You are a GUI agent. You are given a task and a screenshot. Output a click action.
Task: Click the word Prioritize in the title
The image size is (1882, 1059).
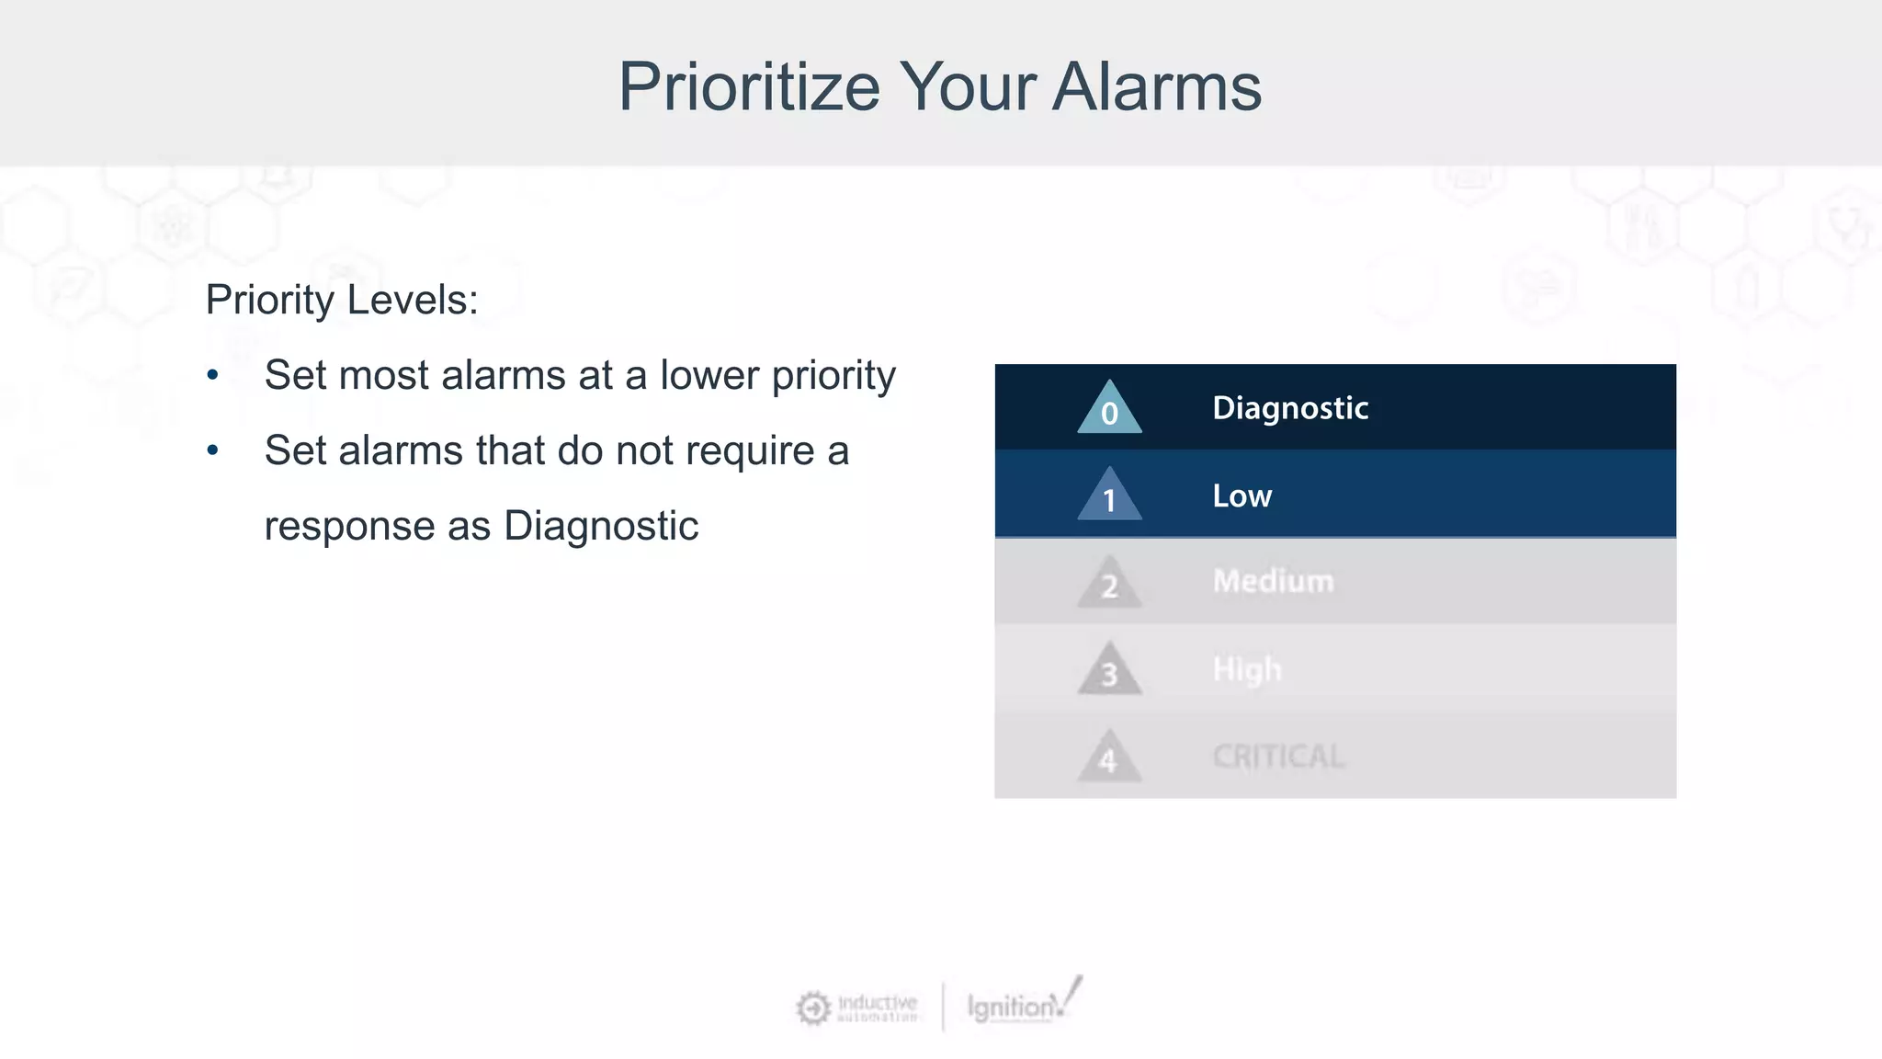pyautogui.click(x=749, y=87)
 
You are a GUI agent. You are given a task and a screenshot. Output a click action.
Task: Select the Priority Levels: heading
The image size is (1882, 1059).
pyautogui.click(x=342, y=300)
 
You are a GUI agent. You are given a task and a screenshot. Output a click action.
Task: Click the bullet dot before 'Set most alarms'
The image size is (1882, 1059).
pyautogui.click(x=213, y=375)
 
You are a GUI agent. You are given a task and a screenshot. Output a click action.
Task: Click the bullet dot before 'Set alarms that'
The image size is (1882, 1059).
pyautogui.click(x=213, y=450)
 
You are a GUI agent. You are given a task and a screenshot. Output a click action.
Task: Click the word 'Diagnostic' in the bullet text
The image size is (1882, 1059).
pyautogui.click(x=601, y=526)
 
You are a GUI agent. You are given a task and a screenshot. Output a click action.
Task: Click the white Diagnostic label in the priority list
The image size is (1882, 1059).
pyautogui.click(x=1290, y=408)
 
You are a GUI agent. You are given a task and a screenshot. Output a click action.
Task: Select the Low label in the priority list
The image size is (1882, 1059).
pyautogui.click(x=1241, y=496)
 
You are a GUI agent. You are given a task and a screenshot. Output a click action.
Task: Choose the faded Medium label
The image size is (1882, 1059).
pyautogui.click(x=1273, y=581)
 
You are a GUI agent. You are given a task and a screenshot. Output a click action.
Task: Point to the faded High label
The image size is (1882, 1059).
pyautogui.click(x=1246, y=669)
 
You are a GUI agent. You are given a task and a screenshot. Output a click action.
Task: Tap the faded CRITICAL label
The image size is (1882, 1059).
pyautogui.click(x=1278, y=757)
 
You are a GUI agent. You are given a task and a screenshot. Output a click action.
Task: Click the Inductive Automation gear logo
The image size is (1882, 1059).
pyautogui.click(x=813, y=1008)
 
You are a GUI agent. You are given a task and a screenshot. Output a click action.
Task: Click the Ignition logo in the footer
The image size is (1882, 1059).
pyautogui.click(x=1020, y=1006)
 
